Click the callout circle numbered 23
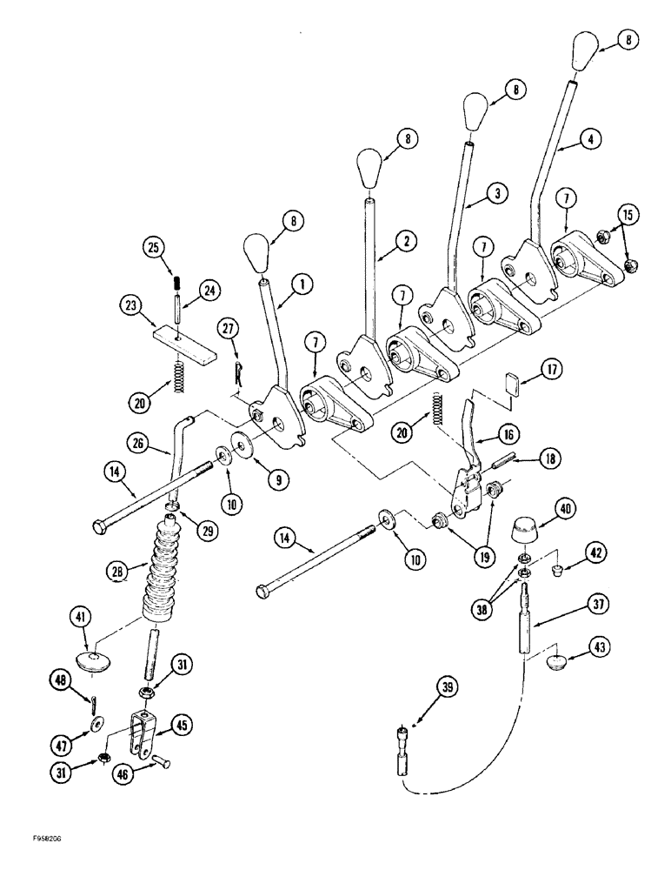tap(131, 305)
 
